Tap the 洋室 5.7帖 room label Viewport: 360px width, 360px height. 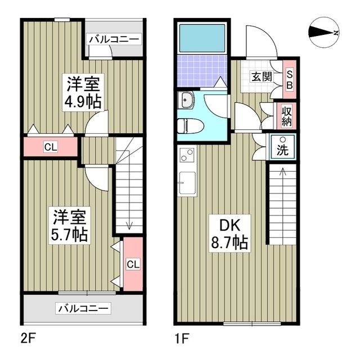tap(70, 225)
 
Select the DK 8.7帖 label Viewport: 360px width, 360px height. tap(229, 233)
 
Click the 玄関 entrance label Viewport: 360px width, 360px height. tap(260, 76)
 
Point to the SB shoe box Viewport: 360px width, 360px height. tap(290, 79)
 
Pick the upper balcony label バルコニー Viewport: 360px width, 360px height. tap(114, 39)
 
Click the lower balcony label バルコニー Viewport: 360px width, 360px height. tap(84, 308)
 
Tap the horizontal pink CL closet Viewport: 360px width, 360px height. tap(51, 148)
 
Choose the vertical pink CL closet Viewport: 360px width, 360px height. tap(132, 264)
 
